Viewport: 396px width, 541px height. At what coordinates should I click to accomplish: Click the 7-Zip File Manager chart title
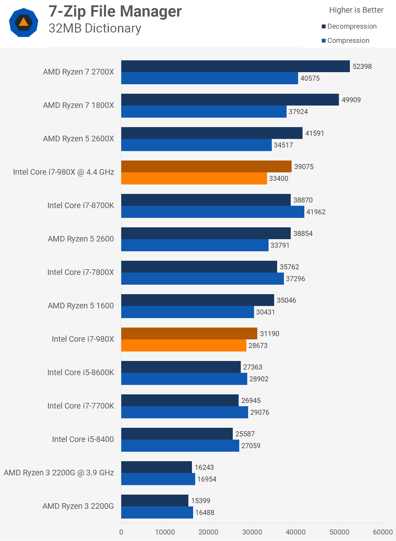[x=115, y=12]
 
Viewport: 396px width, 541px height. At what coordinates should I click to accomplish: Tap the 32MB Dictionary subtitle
[x=95, y=28]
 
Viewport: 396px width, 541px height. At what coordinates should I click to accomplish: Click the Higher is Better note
[x=356, y=10]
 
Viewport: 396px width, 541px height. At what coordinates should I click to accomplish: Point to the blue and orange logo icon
[x=24, y=22]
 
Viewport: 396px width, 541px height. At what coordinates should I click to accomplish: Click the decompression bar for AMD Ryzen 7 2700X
[x=235, y=66]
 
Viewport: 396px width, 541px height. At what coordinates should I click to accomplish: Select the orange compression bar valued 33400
[x=194, y=179]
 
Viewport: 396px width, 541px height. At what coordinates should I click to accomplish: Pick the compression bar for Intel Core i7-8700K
[x=213, y=212]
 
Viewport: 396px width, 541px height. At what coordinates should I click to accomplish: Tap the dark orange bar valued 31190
[x=189, y=333]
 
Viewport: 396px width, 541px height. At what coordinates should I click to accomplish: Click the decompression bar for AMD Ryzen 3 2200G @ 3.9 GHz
[x=156, y=467]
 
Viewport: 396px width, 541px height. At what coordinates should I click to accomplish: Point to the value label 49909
[x=351, y=100]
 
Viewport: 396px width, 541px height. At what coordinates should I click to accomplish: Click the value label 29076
[x=260, y=412]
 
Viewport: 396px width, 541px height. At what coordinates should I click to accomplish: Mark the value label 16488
[x=205, y=513]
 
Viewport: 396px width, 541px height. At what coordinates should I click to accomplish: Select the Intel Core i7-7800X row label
[x=81, y=272]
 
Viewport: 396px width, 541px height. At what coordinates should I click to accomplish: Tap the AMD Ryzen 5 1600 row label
[x=81, y=306]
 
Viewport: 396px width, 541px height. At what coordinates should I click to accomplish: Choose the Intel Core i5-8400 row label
[x=83, y=439]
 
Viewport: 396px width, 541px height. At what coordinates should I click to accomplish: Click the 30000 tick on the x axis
[x=252, y=532]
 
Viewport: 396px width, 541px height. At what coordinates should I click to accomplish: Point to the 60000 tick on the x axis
[x=383, y=532]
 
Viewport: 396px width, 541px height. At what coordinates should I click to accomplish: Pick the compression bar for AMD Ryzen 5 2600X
[x=196, y=145]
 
